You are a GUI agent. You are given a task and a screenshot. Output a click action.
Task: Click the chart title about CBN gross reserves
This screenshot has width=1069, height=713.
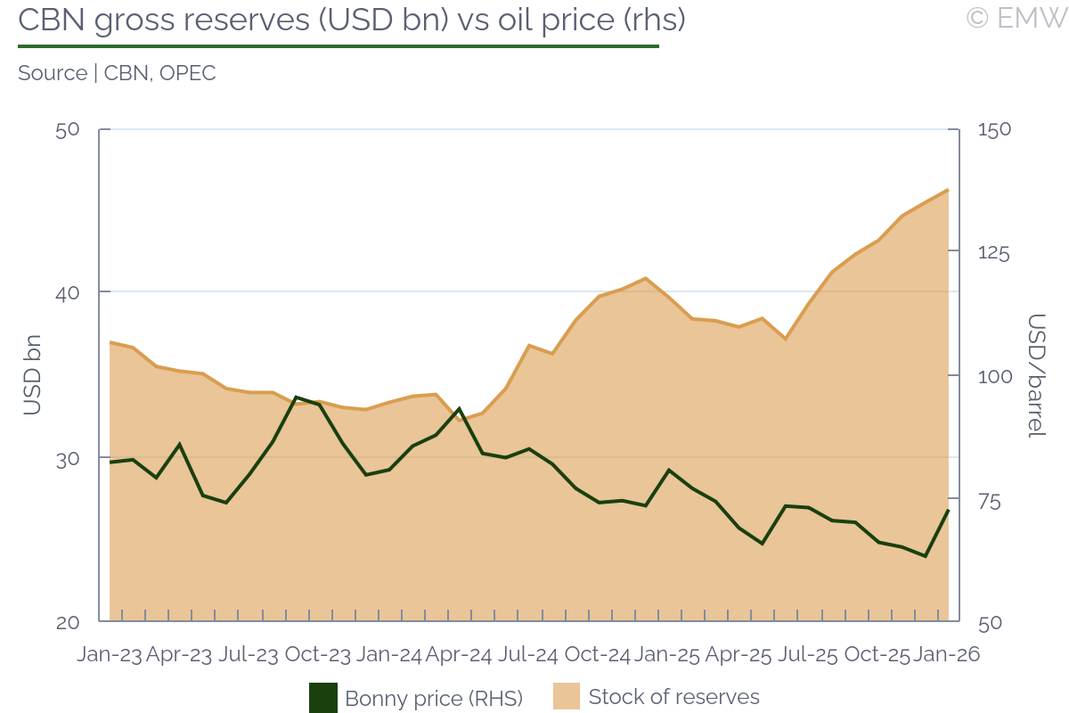pyautogui.click(x=352, y=20)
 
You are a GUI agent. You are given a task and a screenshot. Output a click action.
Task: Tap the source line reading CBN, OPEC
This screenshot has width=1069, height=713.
pyautogui.click(x=117, y=73)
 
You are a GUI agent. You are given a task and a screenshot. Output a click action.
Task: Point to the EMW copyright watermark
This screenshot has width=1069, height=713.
pyautogui.click(x=1016, y=18)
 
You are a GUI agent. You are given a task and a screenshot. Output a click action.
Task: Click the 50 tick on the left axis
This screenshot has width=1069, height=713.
pyautogui.click(x=68, y=129)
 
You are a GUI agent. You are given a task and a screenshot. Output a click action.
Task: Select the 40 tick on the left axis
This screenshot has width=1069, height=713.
pyautogui.click(x=68, y=292)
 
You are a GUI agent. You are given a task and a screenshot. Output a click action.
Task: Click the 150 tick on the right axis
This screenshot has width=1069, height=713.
pyautogui.click(x=994, y=129)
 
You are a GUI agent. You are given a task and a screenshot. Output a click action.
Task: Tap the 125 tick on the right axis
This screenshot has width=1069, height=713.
pyautogui.click(x=994, y=253)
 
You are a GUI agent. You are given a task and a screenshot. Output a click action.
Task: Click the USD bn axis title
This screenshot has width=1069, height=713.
pyautogui.click(x=33, y=375)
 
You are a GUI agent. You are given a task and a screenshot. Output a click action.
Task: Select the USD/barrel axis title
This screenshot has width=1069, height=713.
pyautogui.click(x=1035, y=375)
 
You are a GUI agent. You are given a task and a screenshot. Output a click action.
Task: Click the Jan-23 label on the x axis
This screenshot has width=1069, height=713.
pyautogui.click(x=110, y=654)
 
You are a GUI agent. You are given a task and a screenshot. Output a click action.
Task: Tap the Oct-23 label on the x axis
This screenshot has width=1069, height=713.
pyautogui.click(x=318, y=654)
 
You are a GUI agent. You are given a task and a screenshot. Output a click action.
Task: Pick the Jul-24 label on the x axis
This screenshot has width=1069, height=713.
pyautogui.click(x=527, y=654)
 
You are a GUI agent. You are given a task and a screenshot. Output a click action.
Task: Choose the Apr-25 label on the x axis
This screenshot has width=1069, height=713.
pyautogui.click(x=738, y=654)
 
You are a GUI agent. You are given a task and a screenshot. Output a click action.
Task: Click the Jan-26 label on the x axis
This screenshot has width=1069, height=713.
pyautogui.click(x=946, y=654)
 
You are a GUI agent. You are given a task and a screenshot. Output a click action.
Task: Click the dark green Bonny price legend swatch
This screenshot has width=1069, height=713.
pyautogui.click(x=323, y=697)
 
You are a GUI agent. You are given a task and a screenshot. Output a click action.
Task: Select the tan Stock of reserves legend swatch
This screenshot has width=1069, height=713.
pyautogui.click(x=567, y=696)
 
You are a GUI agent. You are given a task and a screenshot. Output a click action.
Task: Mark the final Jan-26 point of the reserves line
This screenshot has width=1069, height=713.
pyautogui.click(x=947, y=190)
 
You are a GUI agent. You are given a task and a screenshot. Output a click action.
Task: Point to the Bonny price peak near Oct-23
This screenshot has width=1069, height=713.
pyautogui.click(x=296, y=397)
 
